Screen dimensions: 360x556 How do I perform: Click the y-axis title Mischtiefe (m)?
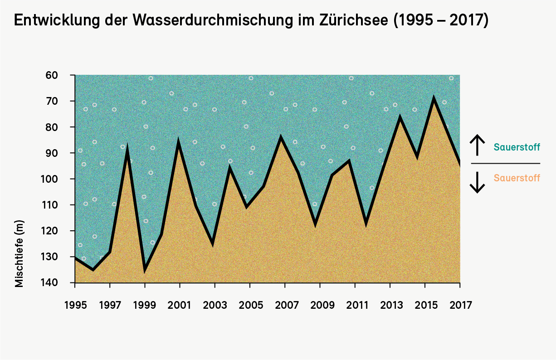[x=19, y=253]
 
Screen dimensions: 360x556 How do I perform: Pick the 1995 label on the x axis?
[x=75, y=305]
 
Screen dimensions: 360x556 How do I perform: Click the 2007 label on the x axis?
[x=285, y=305]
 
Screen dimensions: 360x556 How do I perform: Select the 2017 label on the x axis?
[x=460, y=305]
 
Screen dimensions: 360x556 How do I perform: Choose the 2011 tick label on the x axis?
[x=355, y=305]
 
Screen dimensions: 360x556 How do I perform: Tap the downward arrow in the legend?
[x=477, y=181]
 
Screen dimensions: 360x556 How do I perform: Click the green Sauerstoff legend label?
[x=517, y=147]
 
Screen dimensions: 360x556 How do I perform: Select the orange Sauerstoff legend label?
[x=517, y=178]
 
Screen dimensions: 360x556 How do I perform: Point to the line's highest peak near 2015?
[x=434, y=97]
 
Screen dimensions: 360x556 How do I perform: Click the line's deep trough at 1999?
[x=145, y=270]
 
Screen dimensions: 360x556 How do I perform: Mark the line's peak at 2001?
[x=178, y=142]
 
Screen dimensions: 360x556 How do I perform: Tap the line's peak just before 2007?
[x=281, y=137]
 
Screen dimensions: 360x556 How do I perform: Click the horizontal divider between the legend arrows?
[x=506, y=163]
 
